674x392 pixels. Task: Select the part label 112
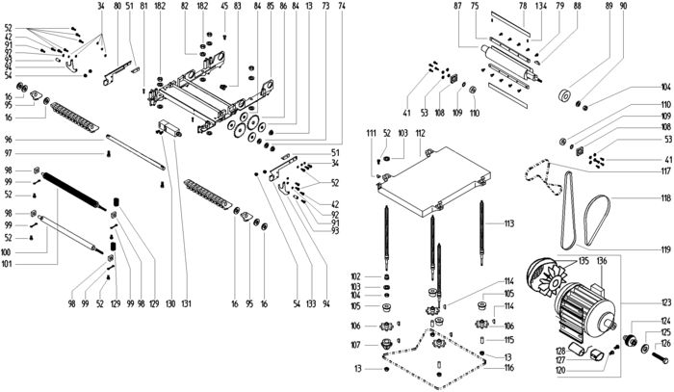click(x=421, y=131)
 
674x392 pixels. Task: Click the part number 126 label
click(x=662, y=343)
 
